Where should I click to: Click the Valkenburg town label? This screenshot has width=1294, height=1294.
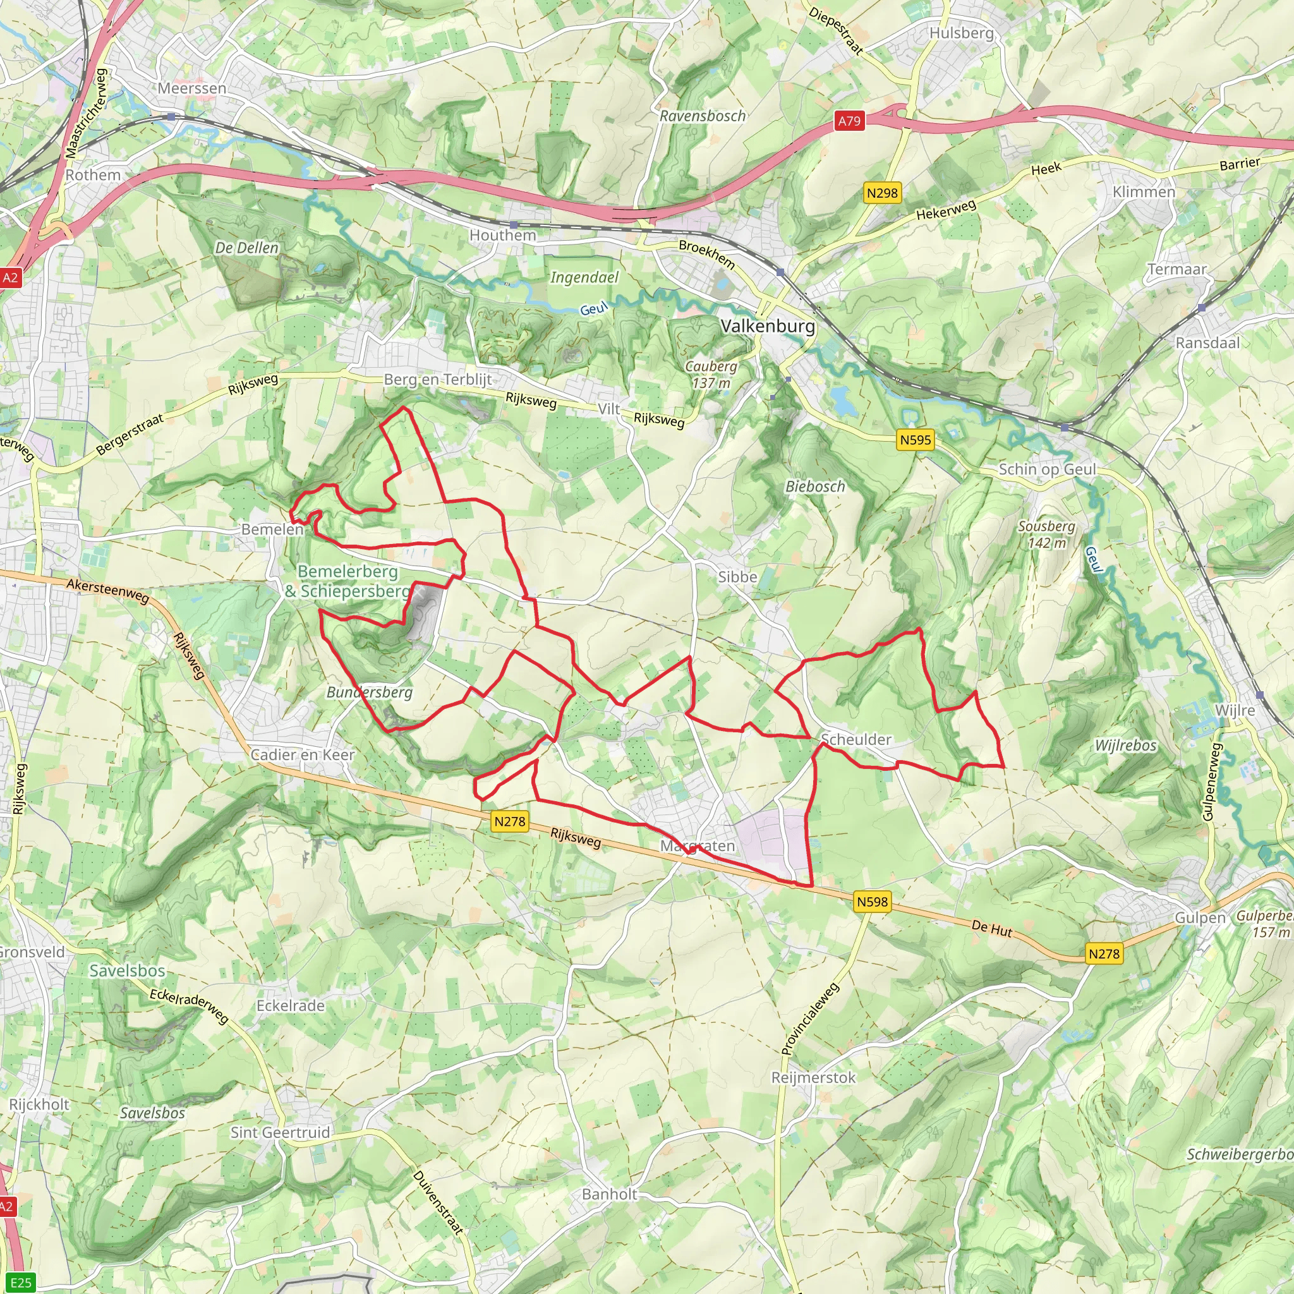(x=768, y=326)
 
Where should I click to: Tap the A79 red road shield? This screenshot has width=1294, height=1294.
(x=849, y=121)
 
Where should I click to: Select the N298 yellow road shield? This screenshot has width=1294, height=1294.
(x=881, y=193)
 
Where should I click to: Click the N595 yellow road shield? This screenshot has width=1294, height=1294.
(x=915, y=440)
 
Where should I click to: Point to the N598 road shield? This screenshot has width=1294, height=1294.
(x=872, y=902)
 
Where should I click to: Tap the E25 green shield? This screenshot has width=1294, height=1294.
(x=21, y=1283)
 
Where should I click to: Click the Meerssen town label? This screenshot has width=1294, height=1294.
(x=192, y=88)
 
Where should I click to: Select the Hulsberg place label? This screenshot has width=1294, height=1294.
(x=961, y=33)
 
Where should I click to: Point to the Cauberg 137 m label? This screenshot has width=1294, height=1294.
(x=711, y=375)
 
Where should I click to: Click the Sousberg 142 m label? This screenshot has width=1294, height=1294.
(x=1046, y=535)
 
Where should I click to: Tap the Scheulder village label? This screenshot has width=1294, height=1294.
(x=856, y=739)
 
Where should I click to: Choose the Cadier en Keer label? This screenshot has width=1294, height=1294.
(x=302, y=755)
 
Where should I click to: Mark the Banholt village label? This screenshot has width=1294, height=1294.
(x=610, y=1194)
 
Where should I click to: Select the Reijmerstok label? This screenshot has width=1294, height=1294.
(x=813, y=1077)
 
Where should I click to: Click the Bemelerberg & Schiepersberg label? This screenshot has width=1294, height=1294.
(x=348, y=581)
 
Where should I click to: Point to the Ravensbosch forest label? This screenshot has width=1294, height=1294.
(x=703, y=116)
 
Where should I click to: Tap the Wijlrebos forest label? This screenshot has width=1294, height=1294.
(x=1125, y=746)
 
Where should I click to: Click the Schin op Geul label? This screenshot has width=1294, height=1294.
(x=1047, y=469)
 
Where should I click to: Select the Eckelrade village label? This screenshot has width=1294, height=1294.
(x=290, y=1005)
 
